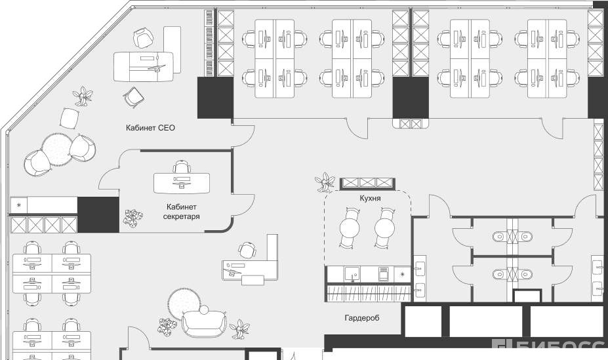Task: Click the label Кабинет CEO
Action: [x=150, y=128]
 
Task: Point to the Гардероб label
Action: [x=362, y=318]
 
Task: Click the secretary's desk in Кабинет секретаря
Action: [x=182, y=182]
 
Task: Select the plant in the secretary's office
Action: [x=133, y=218]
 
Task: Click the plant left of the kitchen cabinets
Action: [x=325, y=182]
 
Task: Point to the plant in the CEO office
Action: [x=83, y=97]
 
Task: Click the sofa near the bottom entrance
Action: [x=204, y=322]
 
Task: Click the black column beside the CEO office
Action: [x=215, y=98]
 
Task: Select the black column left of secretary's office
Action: [x=98, y=214]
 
